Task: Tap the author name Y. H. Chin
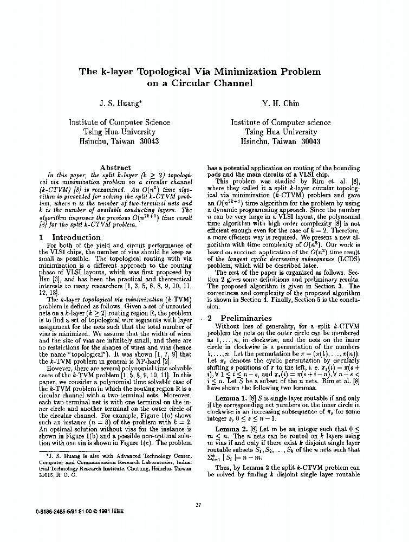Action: pos(281,103)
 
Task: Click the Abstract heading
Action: pos(115,168)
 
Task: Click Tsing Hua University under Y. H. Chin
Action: pos(280,132)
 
